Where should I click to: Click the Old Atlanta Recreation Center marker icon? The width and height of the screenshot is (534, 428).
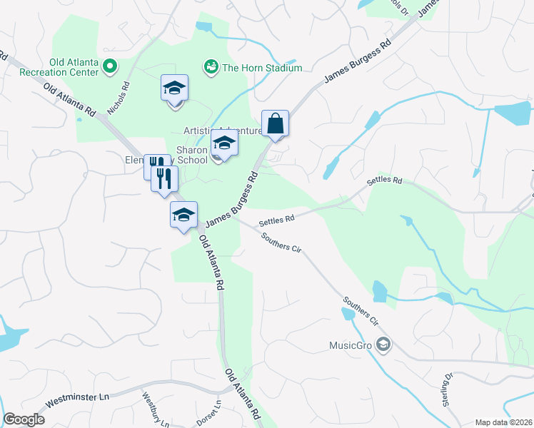pos(110,68)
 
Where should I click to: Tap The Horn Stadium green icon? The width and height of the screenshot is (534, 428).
pos(211,67)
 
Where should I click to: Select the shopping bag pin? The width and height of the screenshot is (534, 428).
pos(275,124)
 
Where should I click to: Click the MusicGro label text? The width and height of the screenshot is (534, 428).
pos(351,346)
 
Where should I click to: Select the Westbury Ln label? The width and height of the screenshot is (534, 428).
pos(155,409)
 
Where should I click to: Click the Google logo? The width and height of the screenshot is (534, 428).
pos(24,419)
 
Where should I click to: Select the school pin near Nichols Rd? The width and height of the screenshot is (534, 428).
pos(174,89)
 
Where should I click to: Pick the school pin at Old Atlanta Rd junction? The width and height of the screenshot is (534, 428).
pos(183,215)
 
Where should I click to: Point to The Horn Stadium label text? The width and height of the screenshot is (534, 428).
pos(262,68)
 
